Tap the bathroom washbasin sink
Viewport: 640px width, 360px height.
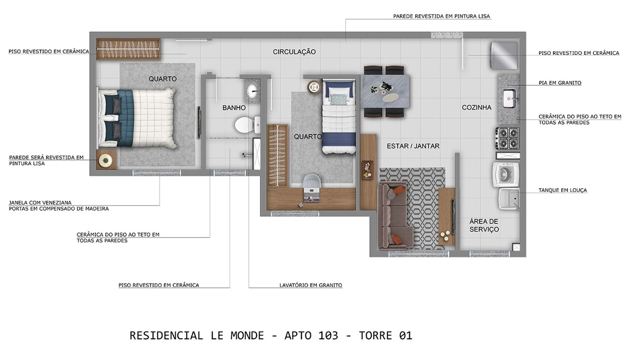pos(253,90)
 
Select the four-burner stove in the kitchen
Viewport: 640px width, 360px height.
pos(508,138)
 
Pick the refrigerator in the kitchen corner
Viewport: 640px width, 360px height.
pos(504,55)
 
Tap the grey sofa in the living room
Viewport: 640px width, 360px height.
pos(393,215)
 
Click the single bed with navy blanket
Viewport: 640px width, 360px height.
pos(339,117)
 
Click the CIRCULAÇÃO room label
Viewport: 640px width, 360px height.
pos(294,52)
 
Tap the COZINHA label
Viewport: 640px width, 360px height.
pos(477,107)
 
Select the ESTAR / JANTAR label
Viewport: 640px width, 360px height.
pos(413,146)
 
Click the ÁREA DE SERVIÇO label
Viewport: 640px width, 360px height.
pos(484,225)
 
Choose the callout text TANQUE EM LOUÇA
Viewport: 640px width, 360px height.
pos(563,190)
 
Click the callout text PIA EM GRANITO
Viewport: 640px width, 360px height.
pos(560,83)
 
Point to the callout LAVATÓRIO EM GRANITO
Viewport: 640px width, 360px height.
pos(310,285)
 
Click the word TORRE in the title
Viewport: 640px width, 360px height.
pos(376,336)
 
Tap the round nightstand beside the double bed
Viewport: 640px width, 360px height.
pos(106,161)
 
